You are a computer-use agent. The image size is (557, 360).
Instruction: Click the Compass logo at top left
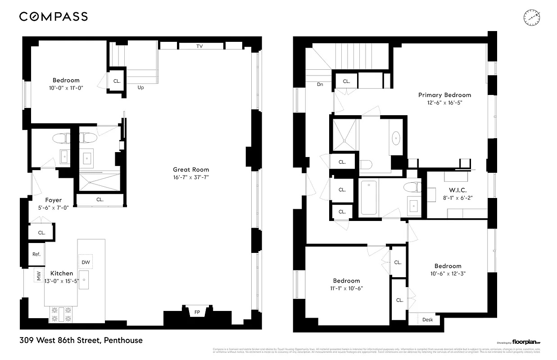click(x=53, y=17)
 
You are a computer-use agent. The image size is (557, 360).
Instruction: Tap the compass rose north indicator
click(x=531, y=18)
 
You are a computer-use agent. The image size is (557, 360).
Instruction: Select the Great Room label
click(x=191, y=170)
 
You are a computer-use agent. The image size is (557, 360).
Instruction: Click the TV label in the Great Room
click(x=199, y=46)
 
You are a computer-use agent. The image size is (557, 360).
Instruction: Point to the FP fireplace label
click(x=197, y=312)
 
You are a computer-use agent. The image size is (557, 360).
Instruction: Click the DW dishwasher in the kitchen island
click(x=86, y=262)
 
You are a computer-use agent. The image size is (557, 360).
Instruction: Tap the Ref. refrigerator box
click(x=36, y=254)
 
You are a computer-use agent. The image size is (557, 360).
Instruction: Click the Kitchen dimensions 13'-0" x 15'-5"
click(x=61, y=281)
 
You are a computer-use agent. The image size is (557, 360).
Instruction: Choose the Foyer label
click(x=53, y=200)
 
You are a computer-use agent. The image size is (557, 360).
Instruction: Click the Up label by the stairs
click(x=140, y=87)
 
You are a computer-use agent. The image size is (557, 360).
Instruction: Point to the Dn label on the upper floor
click(x=320, y=84)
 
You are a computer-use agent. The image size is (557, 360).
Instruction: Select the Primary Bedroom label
click(x=444, y=95)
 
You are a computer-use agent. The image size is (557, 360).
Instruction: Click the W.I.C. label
click(x=457, y=189)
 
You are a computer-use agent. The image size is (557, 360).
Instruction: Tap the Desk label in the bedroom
click(x=427, y=319)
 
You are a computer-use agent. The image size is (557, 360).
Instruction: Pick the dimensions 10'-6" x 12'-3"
click(x=448, y=273)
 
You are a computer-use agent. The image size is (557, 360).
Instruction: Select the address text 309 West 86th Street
click(x=81, y=340)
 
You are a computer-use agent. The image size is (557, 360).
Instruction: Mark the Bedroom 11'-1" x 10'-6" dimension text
click(x=347, y=288)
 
